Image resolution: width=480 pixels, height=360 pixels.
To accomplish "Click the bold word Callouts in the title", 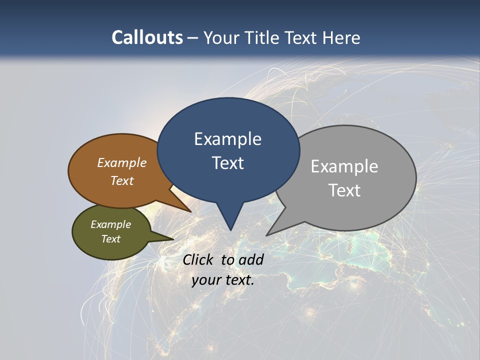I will point(147,37).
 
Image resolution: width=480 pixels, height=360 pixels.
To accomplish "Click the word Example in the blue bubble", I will point(227,139).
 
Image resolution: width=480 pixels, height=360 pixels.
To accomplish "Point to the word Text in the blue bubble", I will point(227,163).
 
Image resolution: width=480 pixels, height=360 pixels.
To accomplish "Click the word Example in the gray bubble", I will point(344,166).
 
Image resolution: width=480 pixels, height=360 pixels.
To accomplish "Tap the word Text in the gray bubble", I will point(344,190).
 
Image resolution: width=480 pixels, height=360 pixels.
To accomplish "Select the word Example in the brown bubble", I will point(122,162).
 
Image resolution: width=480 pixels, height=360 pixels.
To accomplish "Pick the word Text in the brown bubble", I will point(122,180).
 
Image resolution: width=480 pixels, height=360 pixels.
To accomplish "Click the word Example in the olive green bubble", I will point(111,224).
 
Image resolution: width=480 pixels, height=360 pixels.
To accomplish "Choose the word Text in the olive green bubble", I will point(111,239).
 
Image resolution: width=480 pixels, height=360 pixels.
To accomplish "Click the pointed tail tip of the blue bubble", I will point(230,230).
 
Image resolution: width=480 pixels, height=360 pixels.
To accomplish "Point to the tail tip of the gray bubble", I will point(266,235).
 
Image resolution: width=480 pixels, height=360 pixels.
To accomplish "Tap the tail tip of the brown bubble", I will point(191,211).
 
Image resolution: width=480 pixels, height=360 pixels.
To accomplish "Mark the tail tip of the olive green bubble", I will point(173,239).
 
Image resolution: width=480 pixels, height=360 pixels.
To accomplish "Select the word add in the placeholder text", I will point(251,259).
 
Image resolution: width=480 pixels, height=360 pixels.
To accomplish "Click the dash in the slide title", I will point(193,37).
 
